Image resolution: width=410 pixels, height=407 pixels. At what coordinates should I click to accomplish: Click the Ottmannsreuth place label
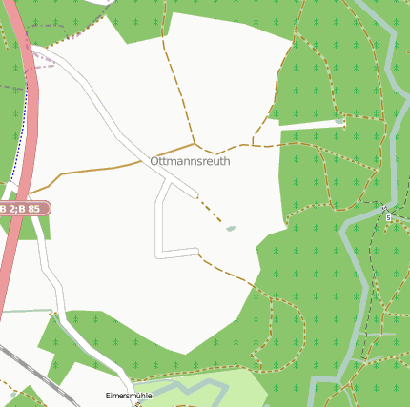click(190, 162)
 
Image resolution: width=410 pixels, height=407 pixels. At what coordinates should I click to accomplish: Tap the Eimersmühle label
click(129, 395)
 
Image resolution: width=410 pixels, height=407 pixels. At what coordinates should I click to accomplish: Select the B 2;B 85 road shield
click(23, 208)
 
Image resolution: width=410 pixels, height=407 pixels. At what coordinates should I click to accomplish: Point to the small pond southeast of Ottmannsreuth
click(230, 229)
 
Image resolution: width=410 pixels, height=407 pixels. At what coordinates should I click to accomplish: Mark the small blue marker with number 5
click(388, 217)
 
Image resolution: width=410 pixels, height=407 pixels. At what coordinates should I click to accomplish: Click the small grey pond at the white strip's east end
click(340, 122)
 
